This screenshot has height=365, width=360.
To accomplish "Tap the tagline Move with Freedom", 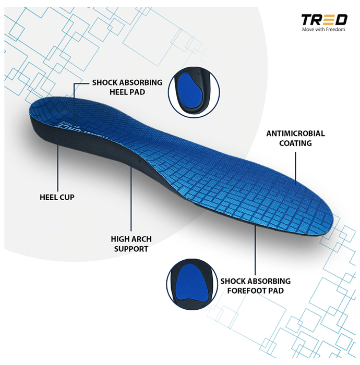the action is (323, 29).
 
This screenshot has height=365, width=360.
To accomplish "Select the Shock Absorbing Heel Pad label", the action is (127, 87).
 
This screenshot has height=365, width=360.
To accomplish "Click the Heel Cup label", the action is (57, 198).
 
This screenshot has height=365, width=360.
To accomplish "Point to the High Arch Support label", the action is (131, 244).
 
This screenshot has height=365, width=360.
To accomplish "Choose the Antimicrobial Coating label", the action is (295, 138).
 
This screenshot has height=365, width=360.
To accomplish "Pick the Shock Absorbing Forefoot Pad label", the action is (256, 286).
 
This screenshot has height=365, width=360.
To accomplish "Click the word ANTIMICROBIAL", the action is (295, 133).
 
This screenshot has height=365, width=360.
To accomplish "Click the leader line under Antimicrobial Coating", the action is (296, 168).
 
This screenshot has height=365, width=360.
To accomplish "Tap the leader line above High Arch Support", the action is (131, 197).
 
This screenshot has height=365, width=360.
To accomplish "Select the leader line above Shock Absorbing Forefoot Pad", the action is (255, 250).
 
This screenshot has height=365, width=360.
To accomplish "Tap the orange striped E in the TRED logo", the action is (328, 20).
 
